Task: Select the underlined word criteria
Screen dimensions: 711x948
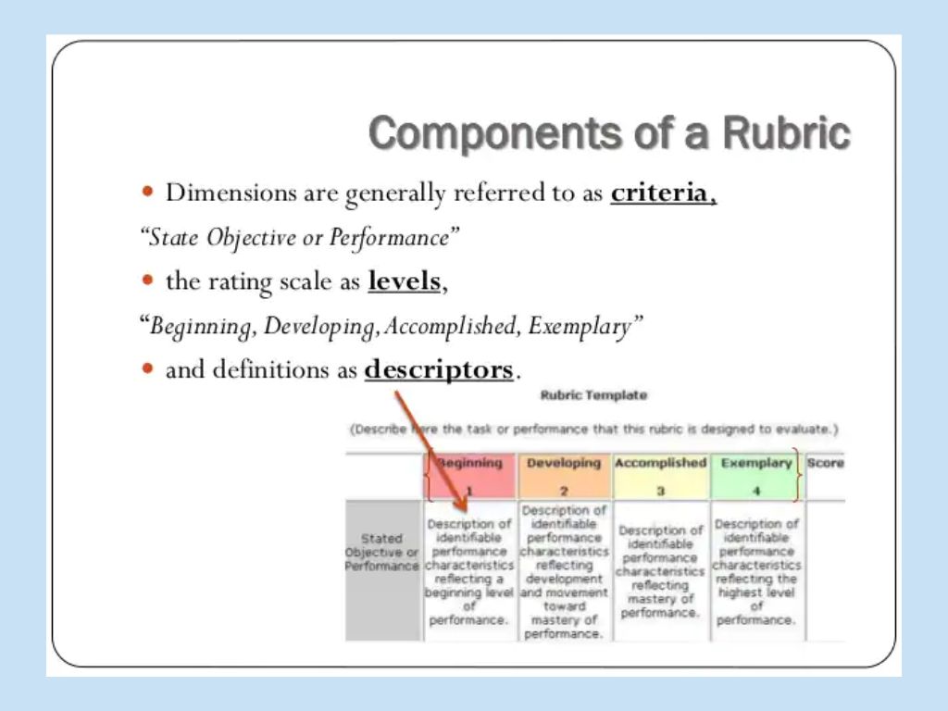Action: (663, 193)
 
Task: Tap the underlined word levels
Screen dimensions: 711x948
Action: (405, 281)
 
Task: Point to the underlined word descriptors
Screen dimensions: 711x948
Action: (438, 370)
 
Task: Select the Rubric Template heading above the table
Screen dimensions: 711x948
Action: (593, 395)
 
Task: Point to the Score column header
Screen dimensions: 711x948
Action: (825, 463)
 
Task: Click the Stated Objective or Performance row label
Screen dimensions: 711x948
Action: (382, 552)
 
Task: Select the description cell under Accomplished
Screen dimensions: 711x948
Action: (660, 571)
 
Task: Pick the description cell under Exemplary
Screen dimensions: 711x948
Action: (756, 571)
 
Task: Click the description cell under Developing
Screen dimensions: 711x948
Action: (564, 571)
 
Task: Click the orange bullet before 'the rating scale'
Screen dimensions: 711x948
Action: (147, 281)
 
